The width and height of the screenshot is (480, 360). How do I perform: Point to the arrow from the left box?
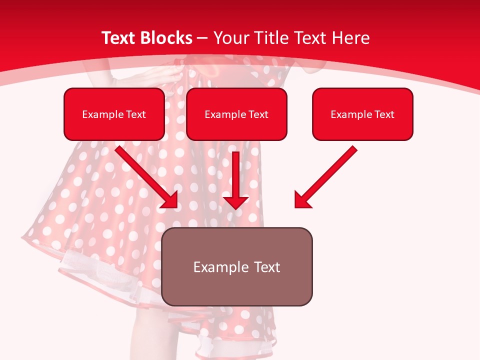point(145,175)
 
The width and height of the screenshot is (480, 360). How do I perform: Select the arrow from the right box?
point(327,175)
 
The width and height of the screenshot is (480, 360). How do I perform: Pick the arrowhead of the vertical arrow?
point(235,202)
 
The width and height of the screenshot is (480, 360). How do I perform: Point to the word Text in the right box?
point(384,114)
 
